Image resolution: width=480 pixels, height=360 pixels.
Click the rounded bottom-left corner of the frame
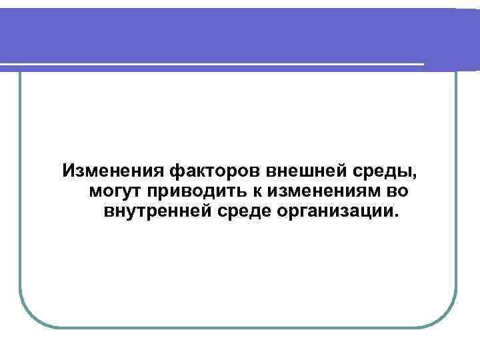click(29, 316)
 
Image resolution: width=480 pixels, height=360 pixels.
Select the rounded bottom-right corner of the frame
click(447, 316)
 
